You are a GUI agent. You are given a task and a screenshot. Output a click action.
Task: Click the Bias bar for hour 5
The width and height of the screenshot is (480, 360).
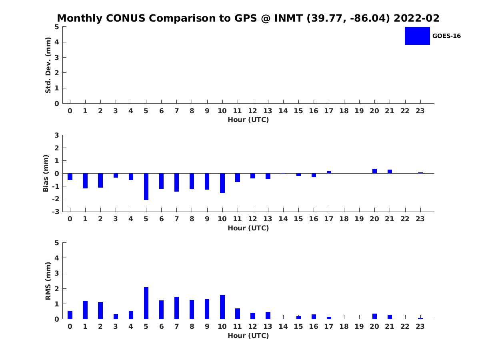pyautogui.click(x=146, y=186)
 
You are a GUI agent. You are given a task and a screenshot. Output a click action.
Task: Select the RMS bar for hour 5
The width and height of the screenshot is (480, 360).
pyautogui.click(x=146, y=303)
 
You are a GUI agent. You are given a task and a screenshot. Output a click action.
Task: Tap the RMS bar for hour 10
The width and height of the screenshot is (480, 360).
pyautogui.click(x=222, y=307)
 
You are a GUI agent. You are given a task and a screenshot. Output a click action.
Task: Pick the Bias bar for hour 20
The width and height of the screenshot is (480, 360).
pyautogui.click(x=375, y=171)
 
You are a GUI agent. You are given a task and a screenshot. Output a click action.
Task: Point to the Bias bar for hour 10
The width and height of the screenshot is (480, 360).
pyautogui.click(x=222, y=183)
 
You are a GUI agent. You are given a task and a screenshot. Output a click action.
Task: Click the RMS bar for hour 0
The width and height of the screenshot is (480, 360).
pyautogui.click(x=70, y=315)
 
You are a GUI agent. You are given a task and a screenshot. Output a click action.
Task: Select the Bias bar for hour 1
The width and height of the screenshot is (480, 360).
pyautogui.click(x=85, y=181)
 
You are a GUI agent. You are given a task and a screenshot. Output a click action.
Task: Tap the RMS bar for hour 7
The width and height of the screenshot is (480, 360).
pyautogui.click(x=176, y=308)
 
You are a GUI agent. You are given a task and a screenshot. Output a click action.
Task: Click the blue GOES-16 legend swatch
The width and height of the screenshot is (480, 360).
pyautogui.click(x=417, y=36)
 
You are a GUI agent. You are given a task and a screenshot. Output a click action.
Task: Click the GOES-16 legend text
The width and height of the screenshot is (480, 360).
pyautogui.click(x=446, y=36)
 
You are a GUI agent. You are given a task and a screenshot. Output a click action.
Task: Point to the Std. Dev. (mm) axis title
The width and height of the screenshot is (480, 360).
pyautogui.click(x=48, y=65)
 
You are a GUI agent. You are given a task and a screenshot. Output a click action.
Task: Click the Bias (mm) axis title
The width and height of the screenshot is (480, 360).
pyautogui.click(x=46, y=173)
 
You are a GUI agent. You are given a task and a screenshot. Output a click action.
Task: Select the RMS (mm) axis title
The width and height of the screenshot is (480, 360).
pyautogui.click(x=48, y=281)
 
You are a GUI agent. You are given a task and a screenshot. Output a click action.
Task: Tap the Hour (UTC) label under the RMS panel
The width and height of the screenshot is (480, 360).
pyautogui.click(x=248, y=336)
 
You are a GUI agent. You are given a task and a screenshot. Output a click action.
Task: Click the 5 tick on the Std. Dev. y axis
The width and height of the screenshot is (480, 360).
pyautogui.click(x=57, y=27)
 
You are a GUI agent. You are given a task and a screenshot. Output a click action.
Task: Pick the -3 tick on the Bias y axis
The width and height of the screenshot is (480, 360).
pyautogui.click(x=56, y=212)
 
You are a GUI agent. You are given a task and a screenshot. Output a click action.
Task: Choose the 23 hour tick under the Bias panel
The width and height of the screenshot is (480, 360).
pyautogui.click(x=420, y=219)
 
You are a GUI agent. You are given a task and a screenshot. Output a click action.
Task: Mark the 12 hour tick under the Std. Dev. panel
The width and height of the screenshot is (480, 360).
pyautogui.click(x=253, y=111)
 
